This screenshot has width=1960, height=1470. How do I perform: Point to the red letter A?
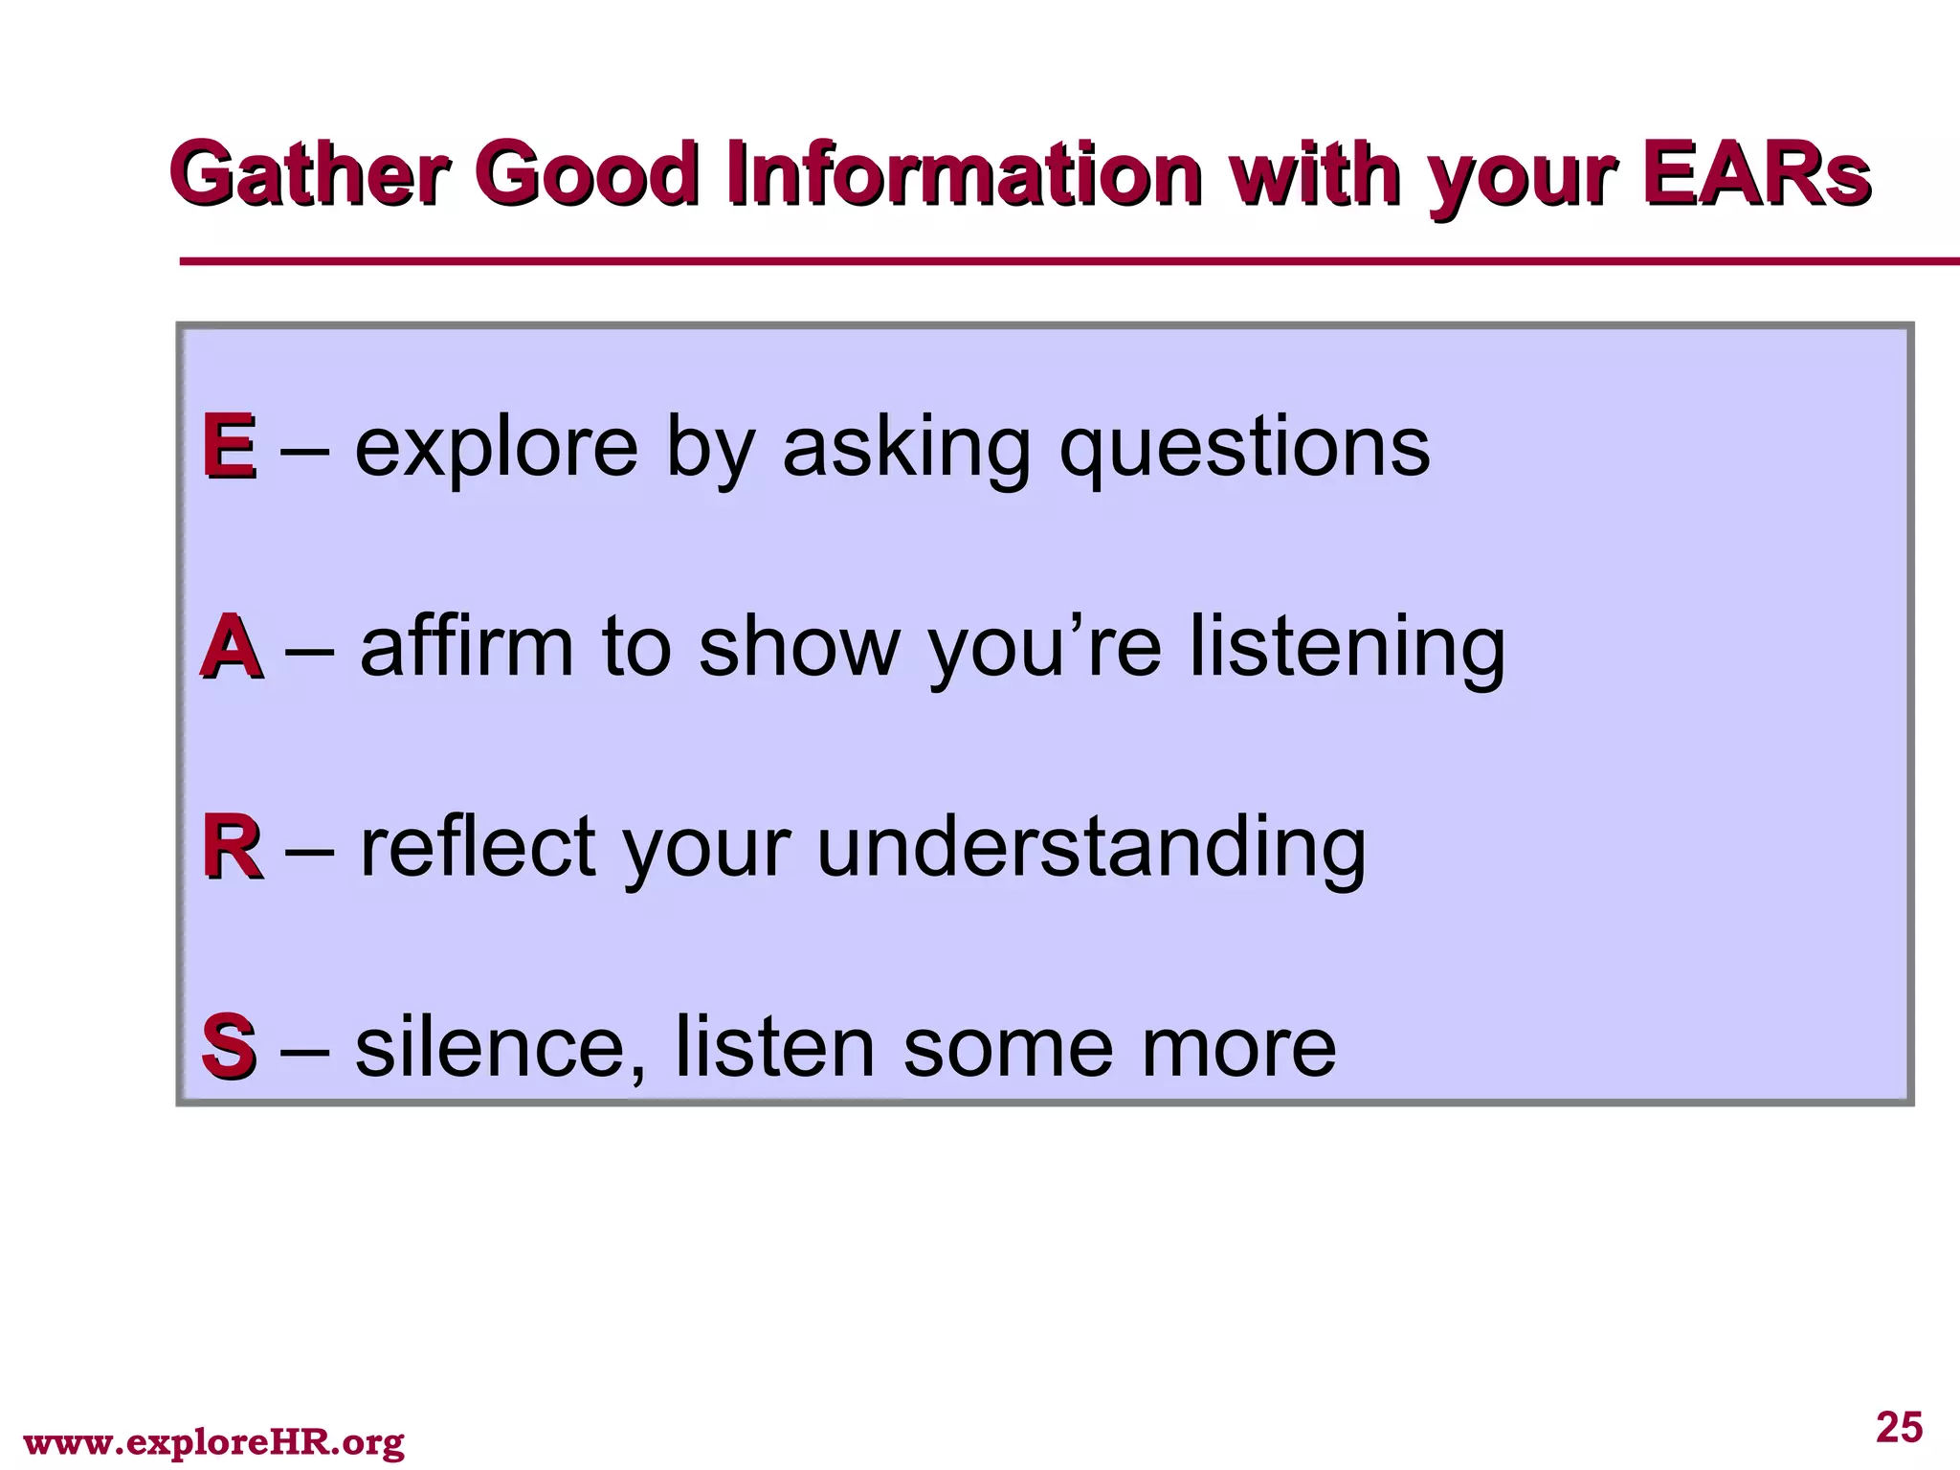231,647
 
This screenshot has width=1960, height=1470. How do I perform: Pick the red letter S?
229,1046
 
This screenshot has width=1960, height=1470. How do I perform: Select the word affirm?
467,647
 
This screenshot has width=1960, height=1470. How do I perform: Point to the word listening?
1347,649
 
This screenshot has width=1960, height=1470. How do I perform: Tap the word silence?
500,1047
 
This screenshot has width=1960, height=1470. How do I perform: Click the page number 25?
1899,1427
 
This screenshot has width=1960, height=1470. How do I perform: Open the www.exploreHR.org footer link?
213,1441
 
